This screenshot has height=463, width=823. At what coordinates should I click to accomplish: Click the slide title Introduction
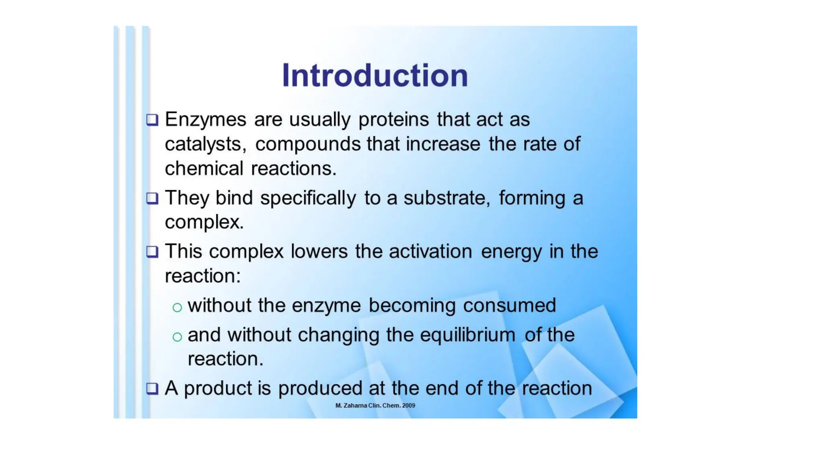375,76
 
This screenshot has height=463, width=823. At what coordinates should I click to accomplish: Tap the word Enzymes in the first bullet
205,120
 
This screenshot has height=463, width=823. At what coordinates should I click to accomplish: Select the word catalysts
205,144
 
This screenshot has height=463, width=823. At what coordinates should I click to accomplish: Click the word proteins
393,120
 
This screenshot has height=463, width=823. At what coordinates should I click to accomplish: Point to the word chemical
204,168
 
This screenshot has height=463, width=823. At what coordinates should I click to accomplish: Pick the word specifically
308,198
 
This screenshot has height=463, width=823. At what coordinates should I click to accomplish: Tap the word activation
430,252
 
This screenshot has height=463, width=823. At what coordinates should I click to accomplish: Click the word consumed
510,305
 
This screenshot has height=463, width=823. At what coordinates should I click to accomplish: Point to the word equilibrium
468,335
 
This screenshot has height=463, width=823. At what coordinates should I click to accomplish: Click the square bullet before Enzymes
152,120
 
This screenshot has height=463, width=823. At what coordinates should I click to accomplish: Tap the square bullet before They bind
152,198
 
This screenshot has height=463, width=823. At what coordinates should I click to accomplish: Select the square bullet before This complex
152,252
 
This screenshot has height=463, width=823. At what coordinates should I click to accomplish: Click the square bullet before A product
152,389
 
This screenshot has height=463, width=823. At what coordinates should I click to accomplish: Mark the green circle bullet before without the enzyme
177,308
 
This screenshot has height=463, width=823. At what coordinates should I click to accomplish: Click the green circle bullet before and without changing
177,337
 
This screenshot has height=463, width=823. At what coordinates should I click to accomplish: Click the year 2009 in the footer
408,406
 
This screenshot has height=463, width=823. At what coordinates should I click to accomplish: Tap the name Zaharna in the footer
355,406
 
